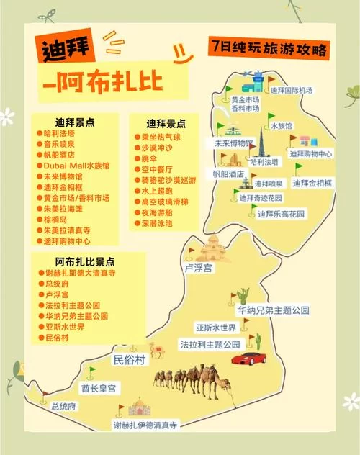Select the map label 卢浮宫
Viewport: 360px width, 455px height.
pos(198,268)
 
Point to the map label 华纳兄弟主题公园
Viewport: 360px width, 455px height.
pos(274,310)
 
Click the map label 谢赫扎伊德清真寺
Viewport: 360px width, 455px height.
pos(145,426)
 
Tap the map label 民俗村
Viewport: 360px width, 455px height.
pos(130,359)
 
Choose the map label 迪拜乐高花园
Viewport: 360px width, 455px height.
pos(282,215)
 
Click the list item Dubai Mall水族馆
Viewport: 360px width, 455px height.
pos(76,166)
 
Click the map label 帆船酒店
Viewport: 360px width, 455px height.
pos(228,174)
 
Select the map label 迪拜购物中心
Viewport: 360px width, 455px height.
pos(310,153)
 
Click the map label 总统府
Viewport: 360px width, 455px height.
pos(64,407)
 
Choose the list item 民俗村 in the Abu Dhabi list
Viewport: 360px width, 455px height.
pos(56,337)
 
